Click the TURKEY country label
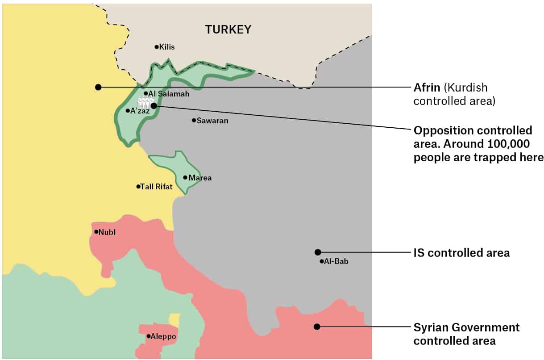point(228,30)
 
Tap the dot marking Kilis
point(157,47)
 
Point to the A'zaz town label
point(140,111)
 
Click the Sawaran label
point(212,121)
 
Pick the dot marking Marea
point(185,177)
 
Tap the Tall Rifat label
point(156,187)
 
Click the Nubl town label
point(107,232)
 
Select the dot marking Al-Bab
point(321,261)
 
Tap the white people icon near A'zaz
point(144,102)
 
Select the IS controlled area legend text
point(461,253)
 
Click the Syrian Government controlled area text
point(466,334)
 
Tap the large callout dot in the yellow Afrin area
point(98,87)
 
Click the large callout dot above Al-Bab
point(317,252)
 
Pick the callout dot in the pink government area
point(317,327)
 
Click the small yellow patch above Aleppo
point(174,320)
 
